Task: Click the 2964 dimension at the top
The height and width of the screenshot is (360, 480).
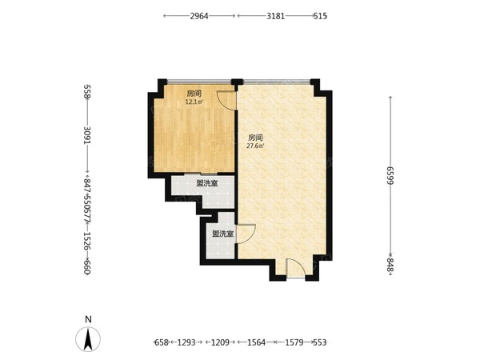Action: coord(199,16)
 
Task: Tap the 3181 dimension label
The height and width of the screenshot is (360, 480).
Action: coord(275,16)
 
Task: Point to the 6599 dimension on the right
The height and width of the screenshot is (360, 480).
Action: coord(390,175)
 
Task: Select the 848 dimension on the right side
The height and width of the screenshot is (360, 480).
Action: coord(390,265)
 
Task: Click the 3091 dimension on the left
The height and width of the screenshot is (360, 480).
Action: coord(87,135)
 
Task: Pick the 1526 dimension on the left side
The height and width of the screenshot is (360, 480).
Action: coord(87,241)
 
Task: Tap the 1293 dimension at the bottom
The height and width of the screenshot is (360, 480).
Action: coord(186,342)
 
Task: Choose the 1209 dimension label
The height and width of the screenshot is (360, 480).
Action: coord(221,342)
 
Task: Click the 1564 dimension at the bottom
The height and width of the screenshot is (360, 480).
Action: coord(257,342)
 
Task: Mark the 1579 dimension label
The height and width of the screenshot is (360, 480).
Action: coord(294,342)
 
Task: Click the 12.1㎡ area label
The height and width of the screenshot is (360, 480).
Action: coord(194,102)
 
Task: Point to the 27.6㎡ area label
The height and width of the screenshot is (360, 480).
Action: coord(255,146)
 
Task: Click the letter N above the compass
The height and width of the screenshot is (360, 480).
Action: coord(88,319)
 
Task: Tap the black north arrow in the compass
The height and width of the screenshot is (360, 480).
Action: coord(88,339)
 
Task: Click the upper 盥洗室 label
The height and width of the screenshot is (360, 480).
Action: coord(207,183)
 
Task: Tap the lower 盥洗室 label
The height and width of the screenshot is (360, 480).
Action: coord(223,234)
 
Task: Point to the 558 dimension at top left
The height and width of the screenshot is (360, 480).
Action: coord(87,92)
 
